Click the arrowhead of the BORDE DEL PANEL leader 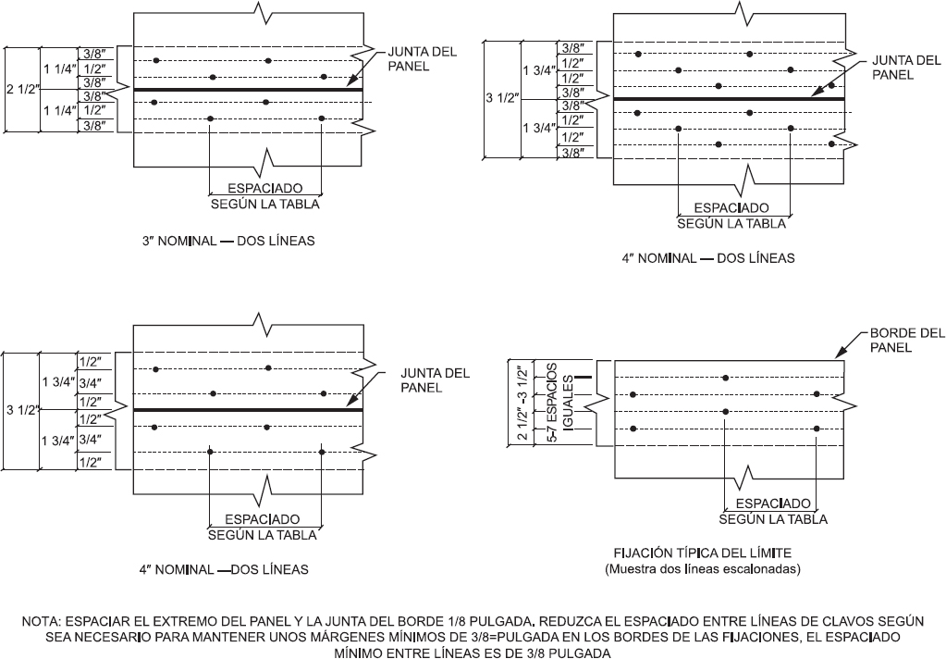pyautogui.click(x=840, y=355)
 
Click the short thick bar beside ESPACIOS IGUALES pyautogui.click(x=583, y=378)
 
